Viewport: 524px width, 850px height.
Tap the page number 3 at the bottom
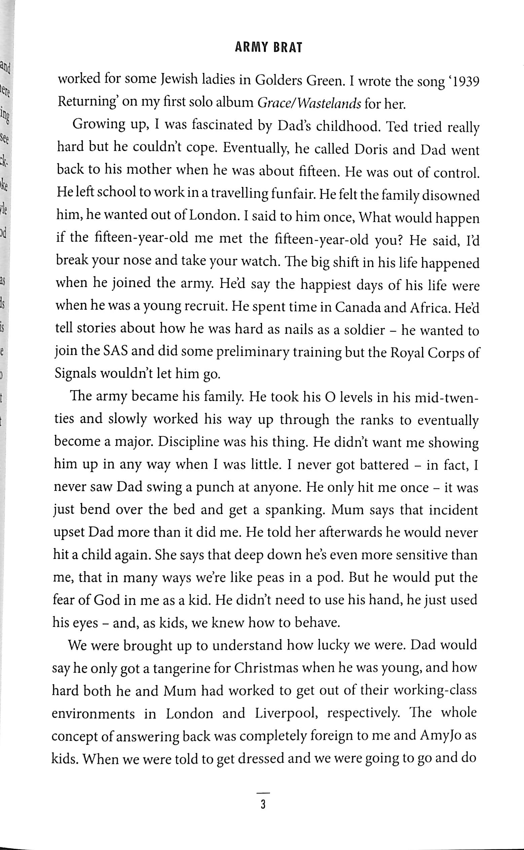pos(263,804)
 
